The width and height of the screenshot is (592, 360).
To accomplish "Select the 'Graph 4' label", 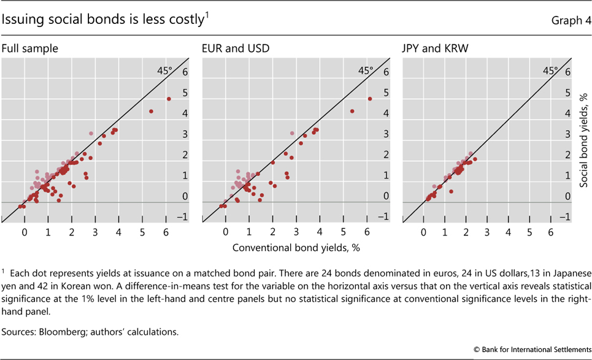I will pos(568,20).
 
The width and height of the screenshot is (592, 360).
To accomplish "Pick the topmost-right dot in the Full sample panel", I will pos(169,99).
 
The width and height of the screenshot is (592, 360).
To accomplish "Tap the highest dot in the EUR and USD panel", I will pos(370,99).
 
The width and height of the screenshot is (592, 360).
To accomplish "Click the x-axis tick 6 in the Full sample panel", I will pos(166,233).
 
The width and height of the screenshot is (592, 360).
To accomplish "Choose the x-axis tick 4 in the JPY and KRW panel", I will pos(508,233).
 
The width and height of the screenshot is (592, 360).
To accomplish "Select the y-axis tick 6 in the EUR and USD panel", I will pos(386,72).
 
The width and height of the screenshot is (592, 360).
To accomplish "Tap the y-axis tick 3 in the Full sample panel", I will pos(185,134).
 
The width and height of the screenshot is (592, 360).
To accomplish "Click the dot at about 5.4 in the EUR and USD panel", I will pos(352,111).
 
